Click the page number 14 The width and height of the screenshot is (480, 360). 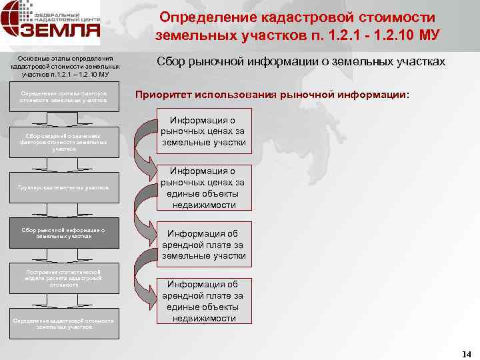[x=466, y=354]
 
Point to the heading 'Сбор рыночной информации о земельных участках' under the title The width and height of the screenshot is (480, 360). [x=301, y=61]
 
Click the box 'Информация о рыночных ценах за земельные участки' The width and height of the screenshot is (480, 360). [x=204, y=131]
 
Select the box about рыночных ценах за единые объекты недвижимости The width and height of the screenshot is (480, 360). [x=204, y=187]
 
